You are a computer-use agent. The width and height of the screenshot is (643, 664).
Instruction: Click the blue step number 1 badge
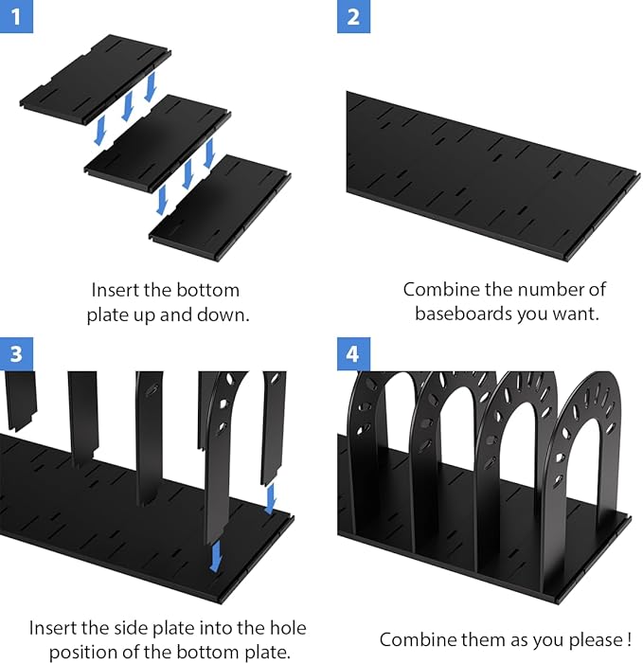[17, 17]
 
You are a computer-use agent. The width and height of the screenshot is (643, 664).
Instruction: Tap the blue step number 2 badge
[353, 17]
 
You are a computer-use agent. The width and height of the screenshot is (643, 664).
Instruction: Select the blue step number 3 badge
[17, 354]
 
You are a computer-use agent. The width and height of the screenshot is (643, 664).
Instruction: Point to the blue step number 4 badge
[353, 354]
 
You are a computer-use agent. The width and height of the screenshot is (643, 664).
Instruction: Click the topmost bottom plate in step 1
[95, 79]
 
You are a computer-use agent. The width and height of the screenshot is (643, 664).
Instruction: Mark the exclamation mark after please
[628, 640]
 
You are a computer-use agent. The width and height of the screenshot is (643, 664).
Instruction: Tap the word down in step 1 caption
[228, 314]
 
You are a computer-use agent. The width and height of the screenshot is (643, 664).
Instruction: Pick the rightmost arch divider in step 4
[586, 445]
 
